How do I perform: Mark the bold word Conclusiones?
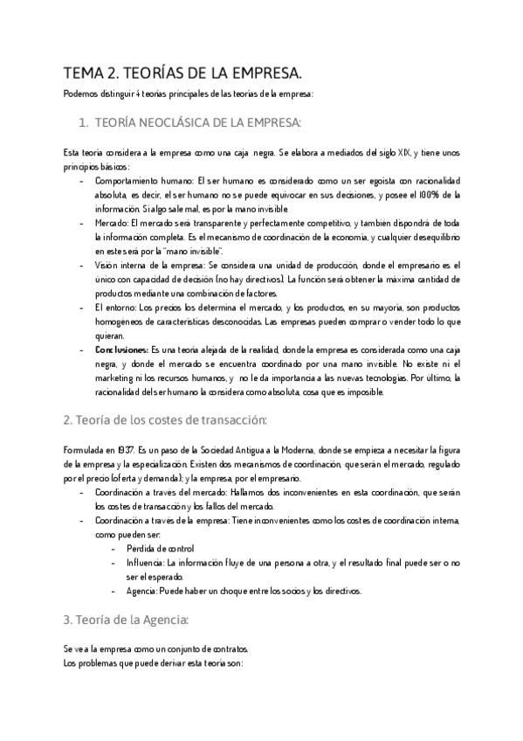click(121, 350)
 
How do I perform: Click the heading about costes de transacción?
click(165, 420)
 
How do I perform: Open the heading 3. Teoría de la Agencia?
click(126, 620)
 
